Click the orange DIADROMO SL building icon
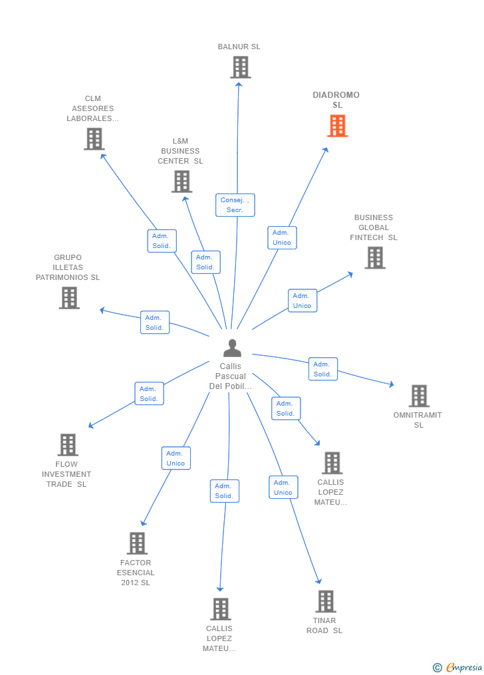337,126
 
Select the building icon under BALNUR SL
240,68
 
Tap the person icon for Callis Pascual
232,348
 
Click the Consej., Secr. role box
235,205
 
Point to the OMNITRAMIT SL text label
418,420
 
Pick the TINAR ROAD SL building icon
326,601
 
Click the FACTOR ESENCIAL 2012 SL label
136,573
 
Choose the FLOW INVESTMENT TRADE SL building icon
68,445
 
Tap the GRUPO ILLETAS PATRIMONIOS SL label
68,267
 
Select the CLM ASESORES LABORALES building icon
94,139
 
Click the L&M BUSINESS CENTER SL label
180,151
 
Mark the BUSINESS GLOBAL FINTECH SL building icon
375,258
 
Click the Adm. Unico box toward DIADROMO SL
282,237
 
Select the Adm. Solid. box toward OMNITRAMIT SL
322,369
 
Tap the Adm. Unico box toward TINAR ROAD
283,487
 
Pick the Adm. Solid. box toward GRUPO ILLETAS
154,323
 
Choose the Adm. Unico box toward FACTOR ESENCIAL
176,458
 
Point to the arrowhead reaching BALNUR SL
239,84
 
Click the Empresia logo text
464,667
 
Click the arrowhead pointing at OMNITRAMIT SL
392,384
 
